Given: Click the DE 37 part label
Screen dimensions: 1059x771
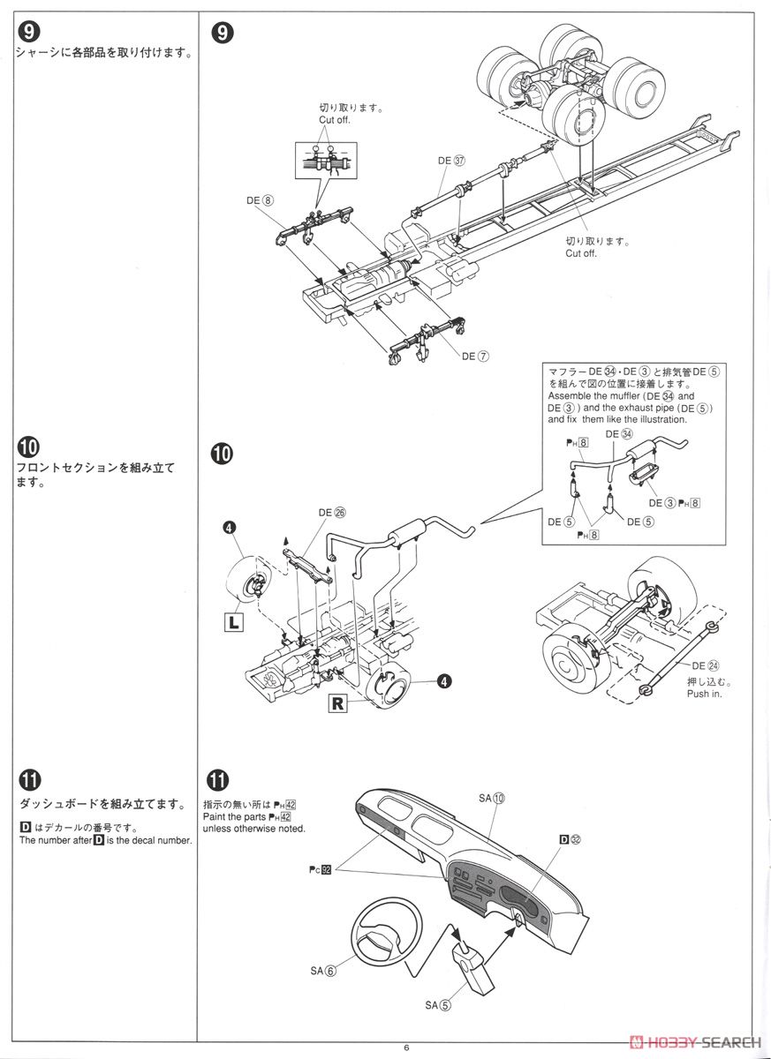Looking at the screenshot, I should [451, 161].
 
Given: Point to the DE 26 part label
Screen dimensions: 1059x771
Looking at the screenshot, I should [332, 512].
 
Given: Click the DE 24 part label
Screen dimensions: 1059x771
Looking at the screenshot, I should [706, 665].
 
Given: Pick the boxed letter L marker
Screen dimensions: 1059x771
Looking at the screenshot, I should [234, 622].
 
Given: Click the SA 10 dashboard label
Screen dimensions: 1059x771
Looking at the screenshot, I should [492, 798].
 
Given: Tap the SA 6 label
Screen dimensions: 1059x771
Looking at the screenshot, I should [323, 971].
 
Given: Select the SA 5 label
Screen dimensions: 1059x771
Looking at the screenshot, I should [438, 1004].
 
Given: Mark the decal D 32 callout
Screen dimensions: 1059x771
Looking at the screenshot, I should [570, 840].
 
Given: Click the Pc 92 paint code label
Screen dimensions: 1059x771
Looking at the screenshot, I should [320, 870].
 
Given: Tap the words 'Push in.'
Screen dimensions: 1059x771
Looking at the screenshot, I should [704, 694].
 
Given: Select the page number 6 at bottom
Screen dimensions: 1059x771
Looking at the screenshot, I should [405, 1048].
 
